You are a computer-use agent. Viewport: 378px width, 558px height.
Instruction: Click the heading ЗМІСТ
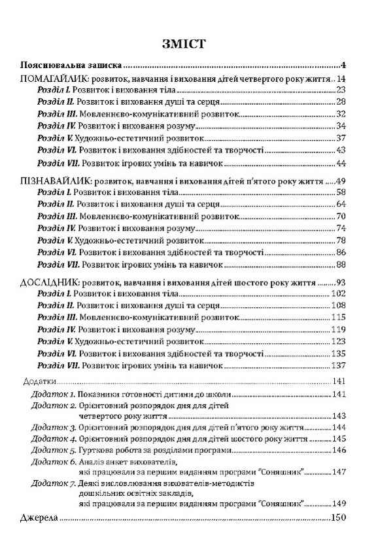click(189, 44)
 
